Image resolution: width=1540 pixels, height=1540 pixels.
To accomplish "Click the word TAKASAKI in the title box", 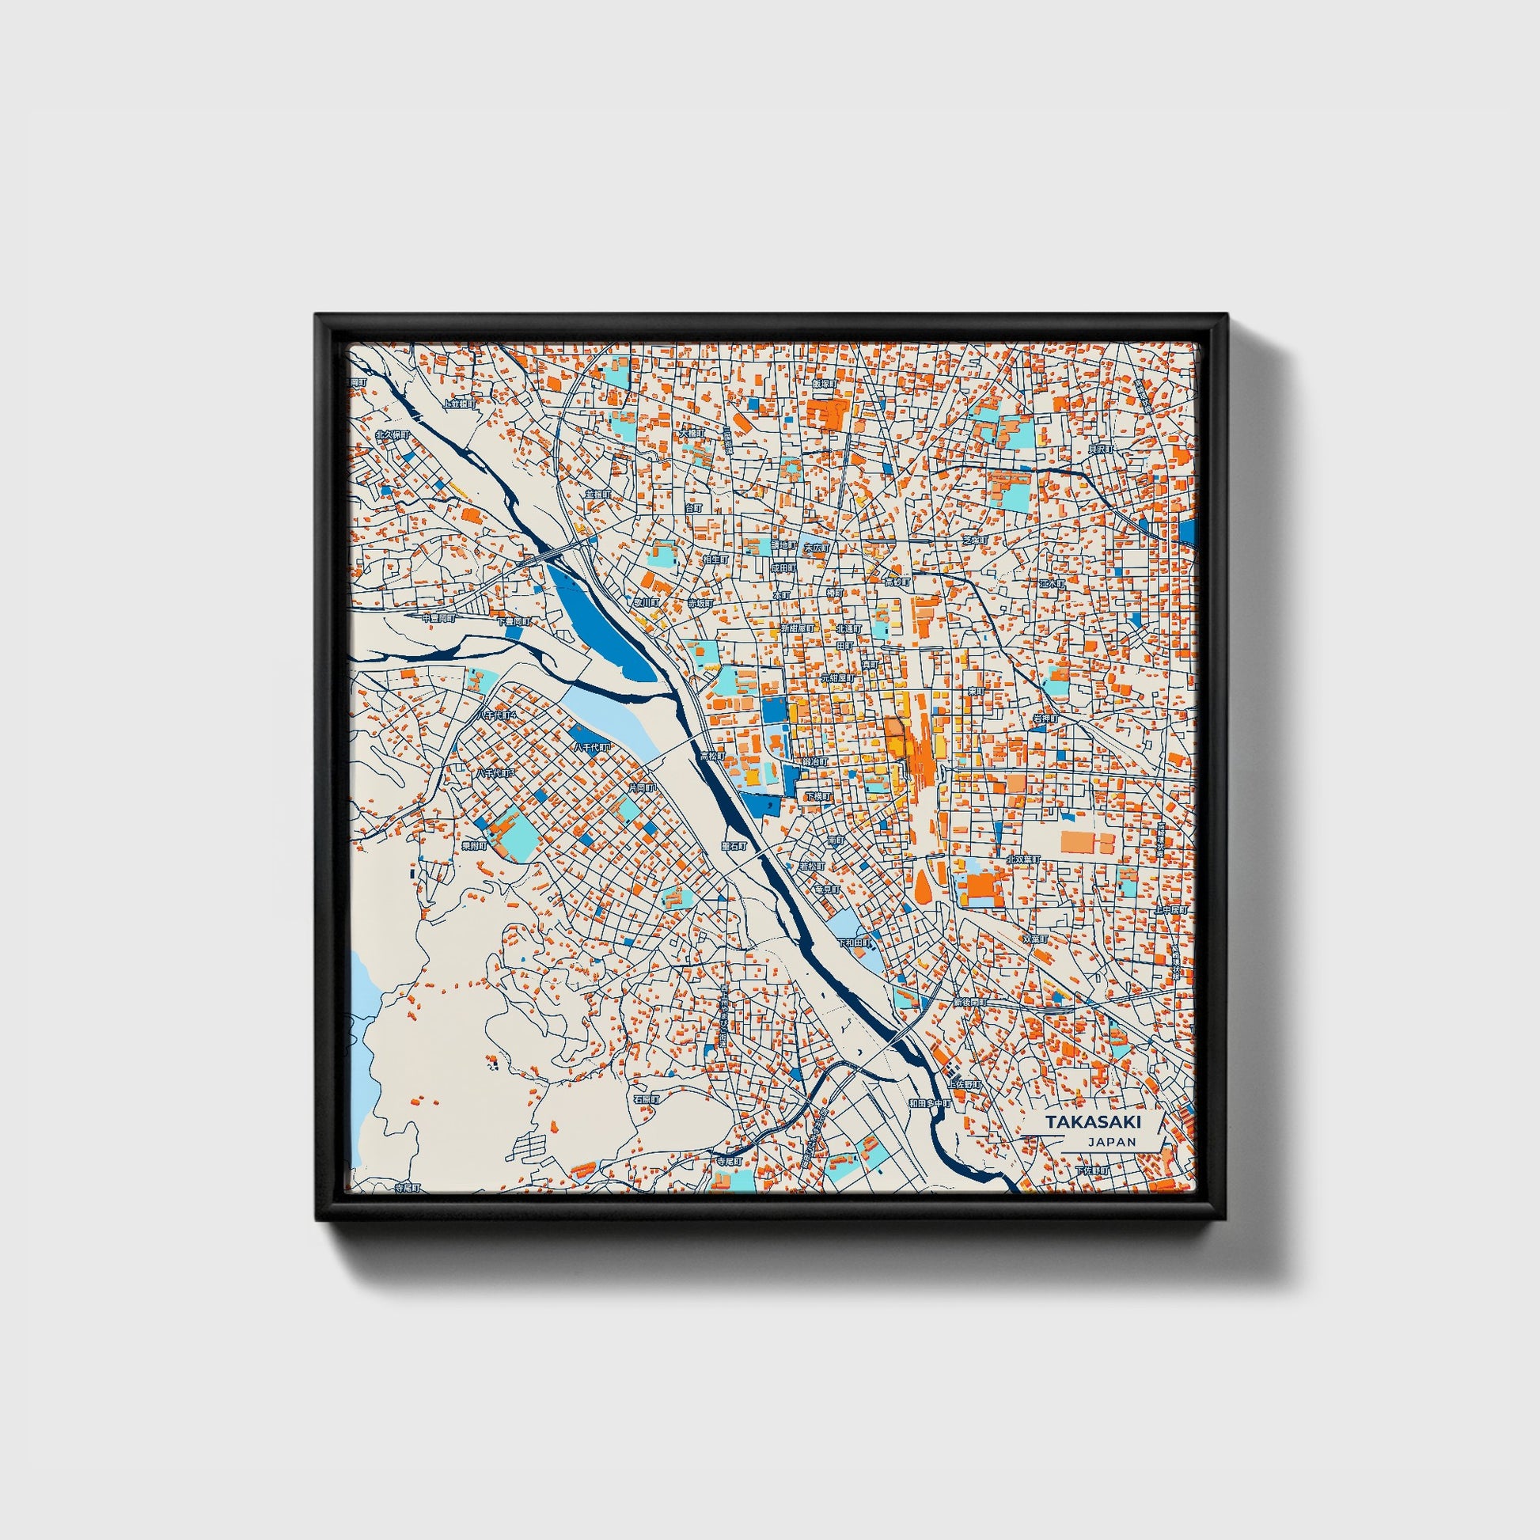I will [x=1093, y=1121].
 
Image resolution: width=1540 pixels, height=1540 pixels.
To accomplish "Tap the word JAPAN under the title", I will [x=1111, y=1141].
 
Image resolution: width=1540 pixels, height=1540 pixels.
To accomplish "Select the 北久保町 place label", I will [x=393, y=435].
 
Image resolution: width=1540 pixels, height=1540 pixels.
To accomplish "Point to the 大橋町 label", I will [x=692, y=434].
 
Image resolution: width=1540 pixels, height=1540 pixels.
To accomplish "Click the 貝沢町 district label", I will [x=1100, y=449].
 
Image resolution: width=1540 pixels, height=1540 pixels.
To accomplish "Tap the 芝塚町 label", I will [x=975, y=540].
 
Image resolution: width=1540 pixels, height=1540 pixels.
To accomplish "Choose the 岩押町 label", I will [x=1045, y=719].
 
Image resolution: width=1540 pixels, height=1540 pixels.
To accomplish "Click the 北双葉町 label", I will [x=1023, y=859].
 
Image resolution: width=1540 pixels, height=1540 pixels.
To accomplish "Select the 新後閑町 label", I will [x=970, y=1002].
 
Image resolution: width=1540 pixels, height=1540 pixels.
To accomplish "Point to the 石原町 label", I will [x=647, y=1099].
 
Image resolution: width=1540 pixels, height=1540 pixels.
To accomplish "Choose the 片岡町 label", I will [x=642, y=787].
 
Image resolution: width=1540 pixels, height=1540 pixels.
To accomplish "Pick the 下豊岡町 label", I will [x=514, y=621].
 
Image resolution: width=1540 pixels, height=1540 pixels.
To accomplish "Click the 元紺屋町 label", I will [x=839, y=677].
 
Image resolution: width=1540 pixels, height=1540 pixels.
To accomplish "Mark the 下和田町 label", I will [x=855, y=943].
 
